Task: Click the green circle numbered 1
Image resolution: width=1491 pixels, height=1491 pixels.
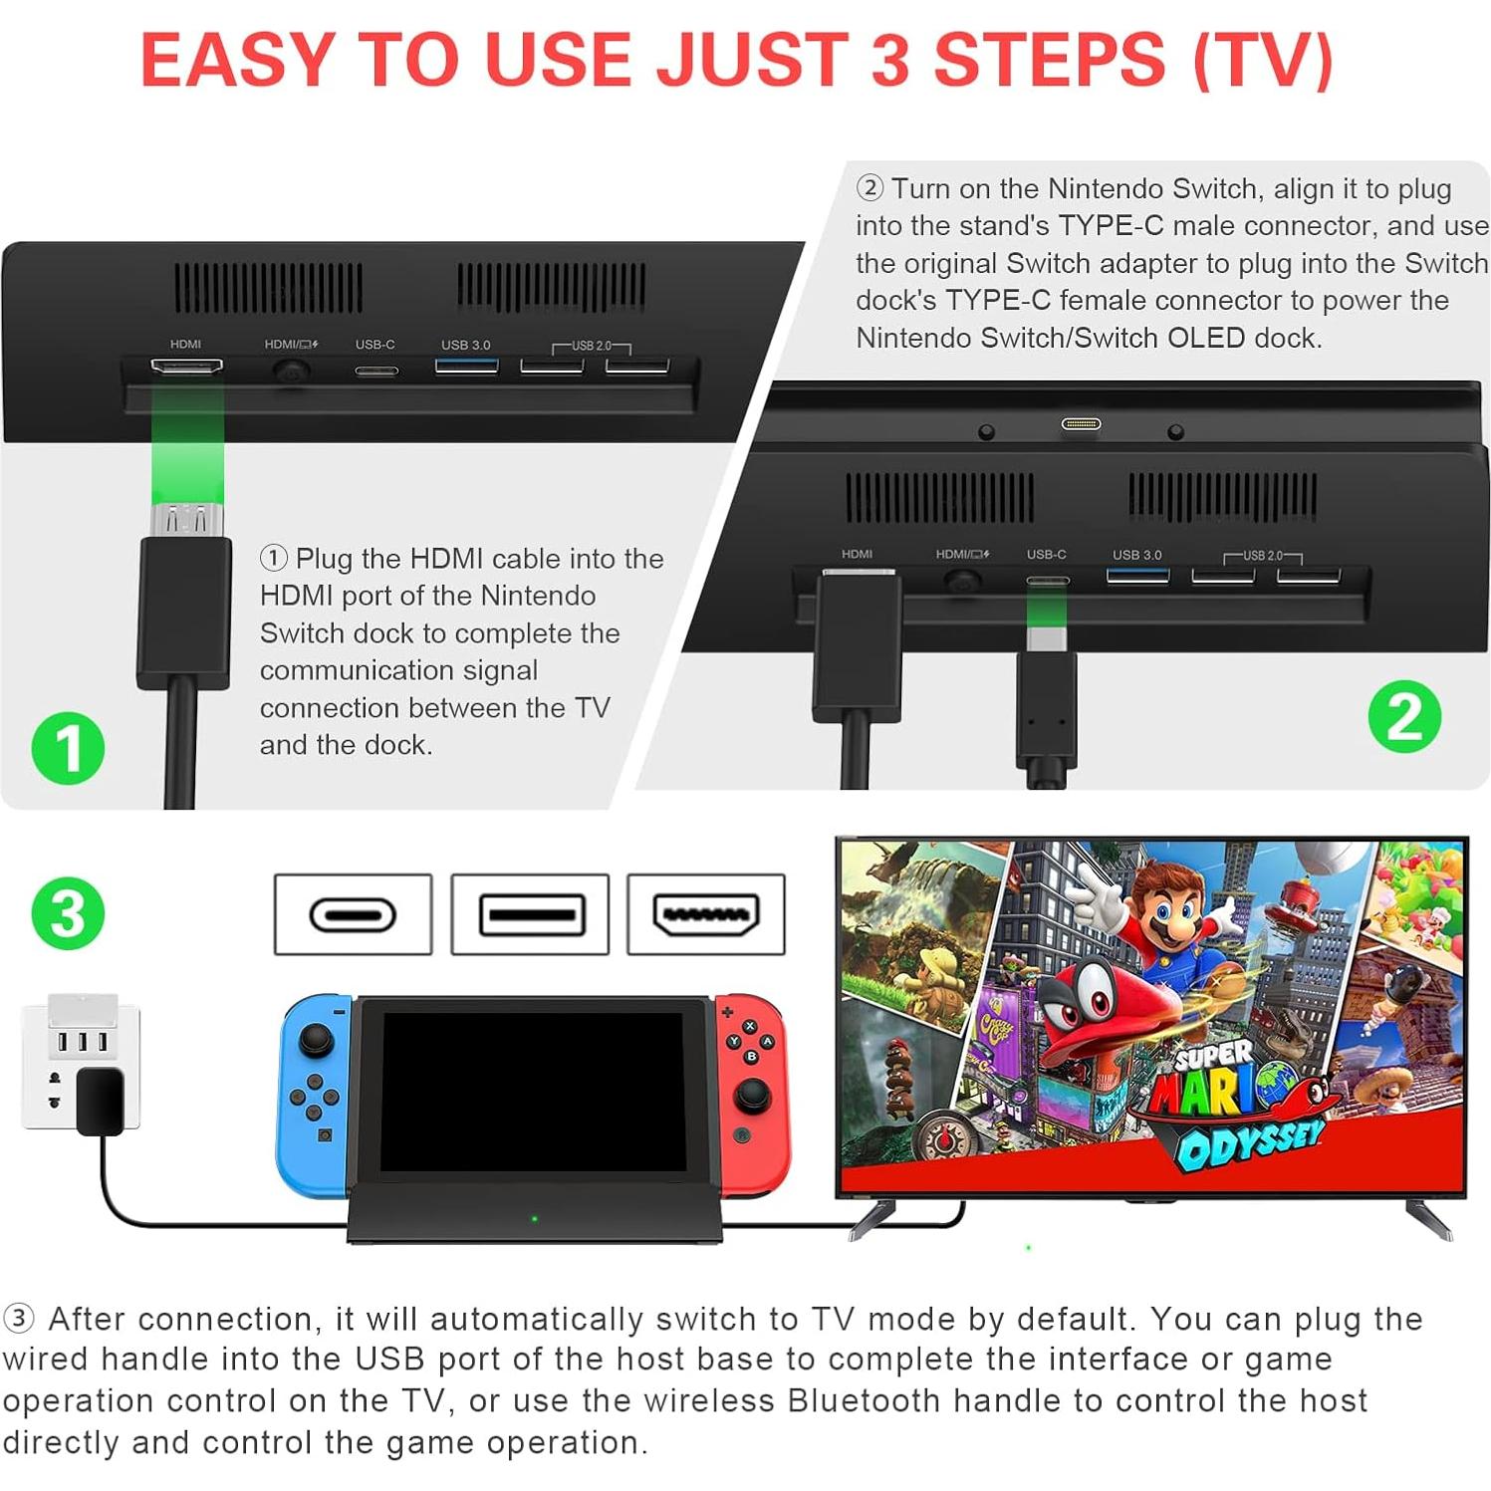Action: click(x=68, y=748)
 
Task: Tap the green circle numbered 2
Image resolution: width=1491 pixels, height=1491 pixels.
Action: click(x=1404, y=716)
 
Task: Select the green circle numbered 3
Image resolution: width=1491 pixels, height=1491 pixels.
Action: click(x=68, y=913)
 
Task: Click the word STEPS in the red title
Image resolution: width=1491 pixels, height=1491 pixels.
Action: click(x=1049, y=60)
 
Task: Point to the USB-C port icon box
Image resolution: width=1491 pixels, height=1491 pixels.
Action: click(x=353, y=914)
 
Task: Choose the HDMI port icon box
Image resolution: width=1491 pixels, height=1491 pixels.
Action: click(x=705, y=914)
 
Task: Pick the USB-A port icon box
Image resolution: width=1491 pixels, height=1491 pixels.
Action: click(x=529, y=914)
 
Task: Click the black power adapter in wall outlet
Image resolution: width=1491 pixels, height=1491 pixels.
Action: click(x=100, y=1101)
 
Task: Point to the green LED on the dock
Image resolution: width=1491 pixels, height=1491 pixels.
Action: click(x=535, y=1218)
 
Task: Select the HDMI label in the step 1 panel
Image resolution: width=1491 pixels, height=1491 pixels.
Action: click(x=185, y=345)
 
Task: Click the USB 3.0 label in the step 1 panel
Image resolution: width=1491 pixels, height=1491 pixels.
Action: click(x=465, y=345)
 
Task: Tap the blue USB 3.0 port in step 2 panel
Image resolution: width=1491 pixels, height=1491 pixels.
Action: click(x=1137, y=576)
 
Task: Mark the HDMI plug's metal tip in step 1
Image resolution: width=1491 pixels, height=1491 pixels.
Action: click(x=187, y=519)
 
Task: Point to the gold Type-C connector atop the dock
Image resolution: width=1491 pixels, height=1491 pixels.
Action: click(x=1081, y=424)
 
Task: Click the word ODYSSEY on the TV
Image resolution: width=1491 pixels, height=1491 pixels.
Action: click(x=1250, y=1145)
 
